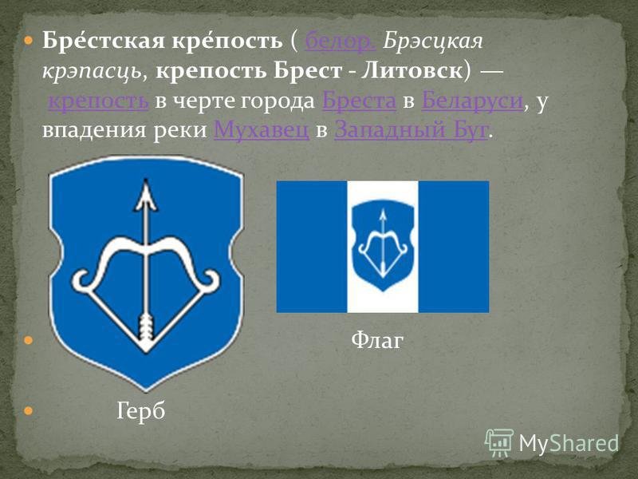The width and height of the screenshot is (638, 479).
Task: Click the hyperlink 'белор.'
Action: pos(341,41)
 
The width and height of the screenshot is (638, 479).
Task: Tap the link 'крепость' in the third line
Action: pos(98,101)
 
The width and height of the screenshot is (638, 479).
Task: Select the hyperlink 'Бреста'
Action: pos(359,101)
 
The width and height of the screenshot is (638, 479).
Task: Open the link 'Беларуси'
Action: pos(472,101)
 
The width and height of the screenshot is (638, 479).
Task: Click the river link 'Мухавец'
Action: pos(262,130)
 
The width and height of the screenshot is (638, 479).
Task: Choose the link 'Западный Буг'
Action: pos(411,130)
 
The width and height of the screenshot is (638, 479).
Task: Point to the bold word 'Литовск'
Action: pos(412,71)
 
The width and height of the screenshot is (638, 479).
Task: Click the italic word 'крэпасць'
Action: pos(92,72)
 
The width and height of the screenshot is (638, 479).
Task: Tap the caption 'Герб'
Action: pos(141,411)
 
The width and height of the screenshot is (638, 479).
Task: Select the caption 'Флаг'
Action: pos(376,340)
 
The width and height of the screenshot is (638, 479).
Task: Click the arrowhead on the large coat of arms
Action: pos(146,195)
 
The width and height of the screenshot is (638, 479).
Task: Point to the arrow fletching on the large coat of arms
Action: pos(146,329)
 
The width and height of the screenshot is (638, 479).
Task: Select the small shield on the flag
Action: pos(383,245)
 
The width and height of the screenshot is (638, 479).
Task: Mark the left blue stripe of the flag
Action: pos(312,247)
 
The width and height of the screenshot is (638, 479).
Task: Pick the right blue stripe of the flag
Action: pos(454,247)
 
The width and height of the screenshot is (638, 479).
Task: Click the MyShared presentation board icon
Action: pos(499,442)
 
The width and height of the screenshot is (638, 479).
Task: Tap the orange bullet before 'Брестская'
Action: pos(28,41)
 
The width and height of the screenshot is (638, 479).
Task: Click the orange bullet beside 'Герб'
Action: pos(28,410)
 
